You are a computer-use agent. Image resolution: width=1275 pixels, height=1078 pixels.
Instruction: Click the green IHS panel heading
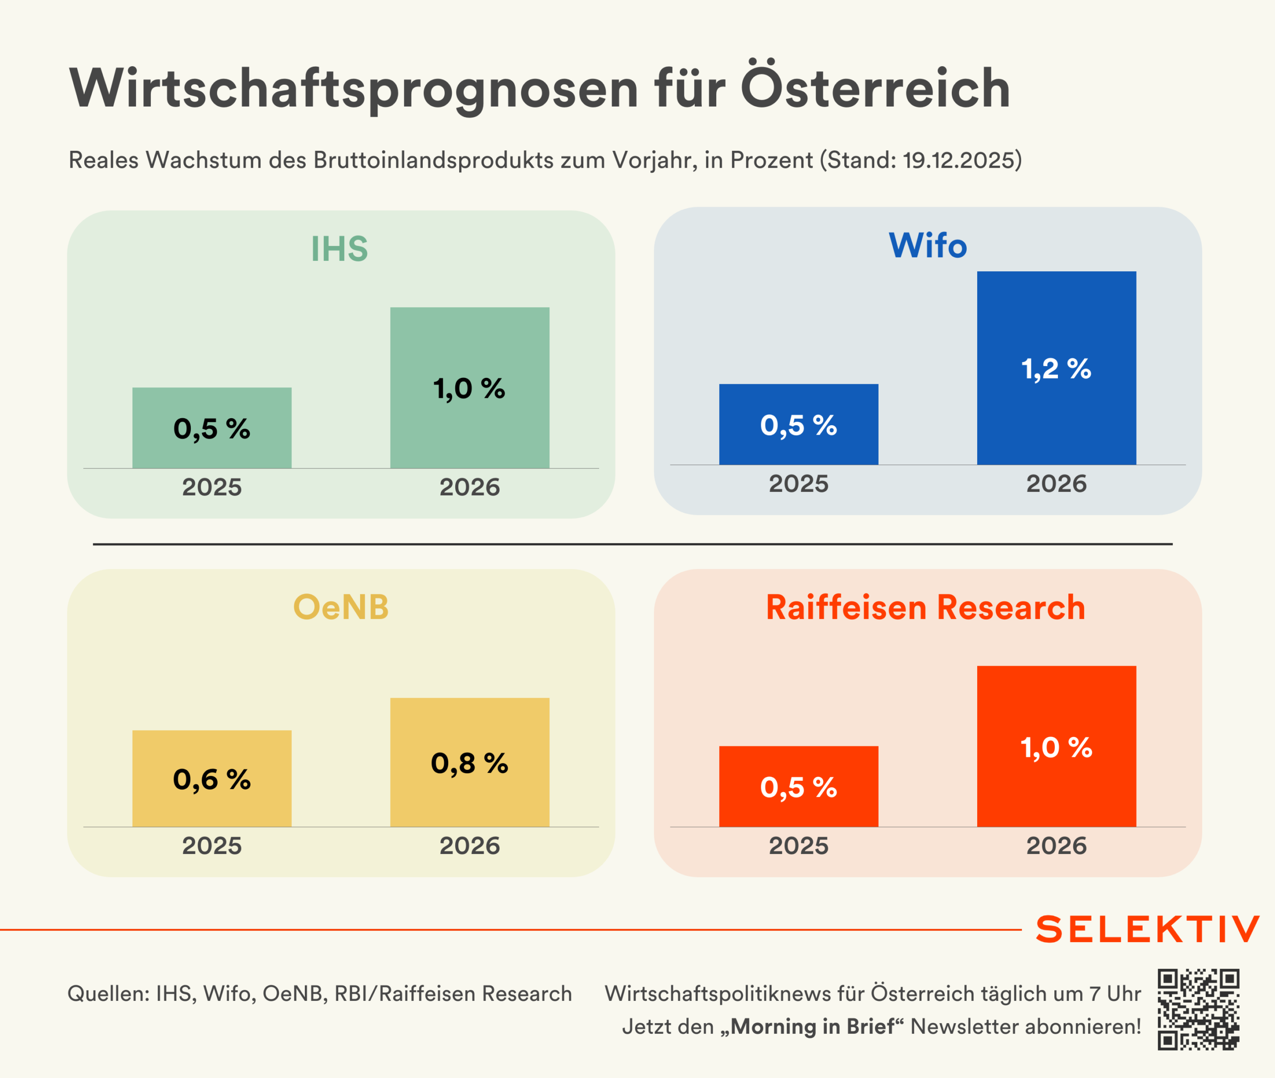(340, 249)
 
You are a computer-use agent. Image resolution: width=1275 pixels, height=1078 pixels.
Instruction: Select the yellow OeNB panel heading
(341, 607)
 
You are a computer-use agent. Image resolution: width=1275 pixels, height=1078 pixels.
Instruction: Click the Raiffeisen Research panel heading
(925, 607)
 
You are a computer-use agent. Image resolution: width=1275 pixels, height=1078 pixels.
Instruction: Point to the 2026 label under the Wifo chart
(1056, 484)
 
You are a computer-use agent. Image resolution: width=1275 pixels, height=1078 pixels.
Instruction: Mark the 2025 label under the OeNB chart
(212, 846)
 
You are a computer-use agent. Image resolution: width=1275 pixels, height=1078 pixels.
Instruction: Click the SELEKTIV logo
(1147, 930)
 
